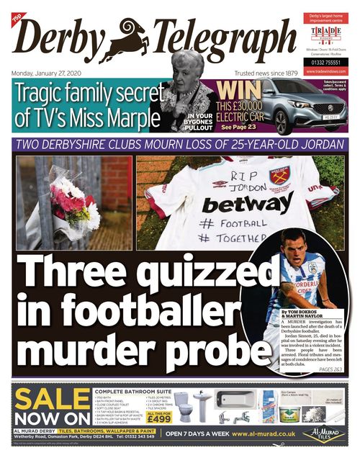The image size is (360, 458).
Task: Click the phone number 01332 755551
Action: coord(325,63)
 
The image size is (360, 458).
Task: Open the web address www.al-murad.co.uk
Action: coord(264,434)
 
